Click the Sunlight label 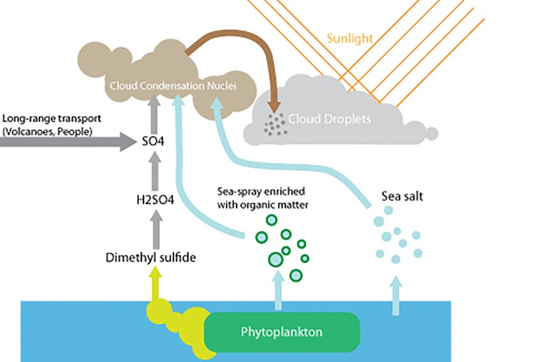coord(349,38)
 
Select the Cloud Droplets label coord(329,119)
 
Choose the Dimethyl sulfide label coord(150,258)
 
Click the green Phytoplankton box coord(281,332)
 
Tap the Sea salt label coord(402,197)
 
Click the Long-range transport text coord(52,119)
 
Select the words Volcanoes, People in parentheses coord(48,132)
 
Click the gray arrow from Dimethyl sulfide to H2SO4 coord(154,227)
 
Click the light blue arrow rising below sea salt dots coord(397,295)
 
